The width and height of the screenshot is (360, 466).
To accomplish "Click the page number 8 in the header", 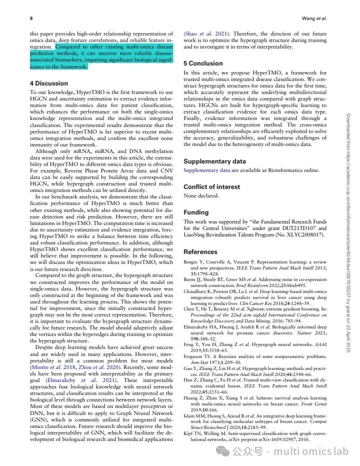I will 31,18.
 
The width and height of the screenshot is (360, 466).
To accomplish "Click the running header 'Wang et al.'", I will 314,18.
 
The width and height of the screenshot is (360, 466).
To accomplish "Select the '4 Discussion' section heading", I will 49,83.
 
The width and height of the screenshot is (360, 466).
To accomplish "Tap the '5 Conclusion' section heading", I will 203,63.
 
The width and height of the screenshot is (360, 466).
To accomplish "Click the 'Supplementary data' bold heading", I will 214,161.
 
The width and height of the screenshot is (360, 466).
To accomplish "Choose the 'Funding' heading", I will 195,212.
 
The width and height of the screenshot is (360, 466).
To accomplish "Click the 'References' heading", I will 200,251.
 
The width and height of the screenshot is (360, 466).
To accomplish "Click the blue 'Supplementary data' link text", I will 206,170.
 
